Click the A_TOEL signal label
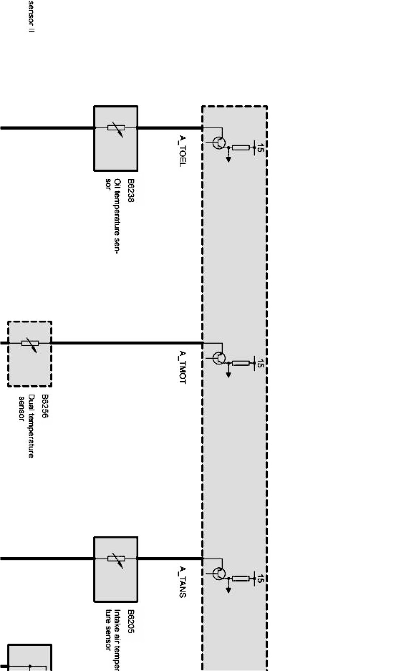pyautogui.click(x=183, y=151)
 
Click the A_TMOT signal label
pyautogui.click(x=183, y=367)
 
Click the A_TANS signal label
pyautogui.click(x=183, y=582)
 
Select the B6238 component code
pyautogui.click(x=131, y=190)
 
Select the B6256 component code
pyautogui.click(x=45, y=406)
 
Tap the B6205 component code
pyautogui.click(x=131, y=621)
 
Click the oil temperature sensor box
pyautogui.click(x=116, y=138)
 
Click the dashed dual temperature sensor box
pyautogui.click(x=30, y=354)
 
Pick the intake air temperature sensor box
pyautogui.click(x=116, y=569)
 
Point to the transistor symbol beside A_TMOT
pyautogui.click(x=219, y=358)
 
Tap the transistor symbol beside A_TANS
pyautogui.click(x=219, y=574)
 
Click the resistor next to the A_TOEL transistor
pyautogui.click(x=241, y=148)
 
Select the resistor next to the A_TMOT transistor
pyautogui.click(x=241, y=363)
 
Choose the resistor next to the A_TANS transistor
pyautogui.click(x=241, y=578)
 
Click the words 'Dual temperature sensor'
pyautogui.click(x=27, y=426)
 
